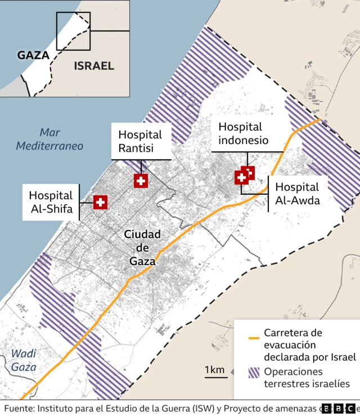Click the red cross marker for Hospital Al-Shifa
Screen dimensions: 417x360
point(100,202)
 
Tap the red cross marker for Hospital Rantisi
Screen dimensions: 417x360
point(141,181)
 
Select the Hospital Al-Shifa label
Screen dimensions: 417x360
point(51,202)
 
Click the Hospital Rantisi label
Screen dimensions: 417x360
point(140,141)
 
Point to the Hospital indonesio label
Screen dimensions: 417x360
point(243,134)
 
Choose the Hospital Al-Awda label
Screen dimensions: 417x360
point(297,193)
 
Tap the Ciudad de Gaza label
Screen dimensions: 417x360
point(142,247)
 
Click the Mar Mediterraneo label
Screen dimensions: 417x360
point(49,139)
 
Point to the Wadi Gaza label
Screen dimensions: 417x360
point(24,360)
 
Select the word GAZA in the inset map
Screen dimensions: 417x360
point(33,55)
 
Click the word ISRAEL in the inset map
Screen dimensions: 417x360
point(93,66)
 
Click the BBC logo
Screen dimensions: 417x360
point(337,409)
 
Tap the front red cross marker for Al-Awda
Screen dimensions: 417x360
point(242,178)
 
